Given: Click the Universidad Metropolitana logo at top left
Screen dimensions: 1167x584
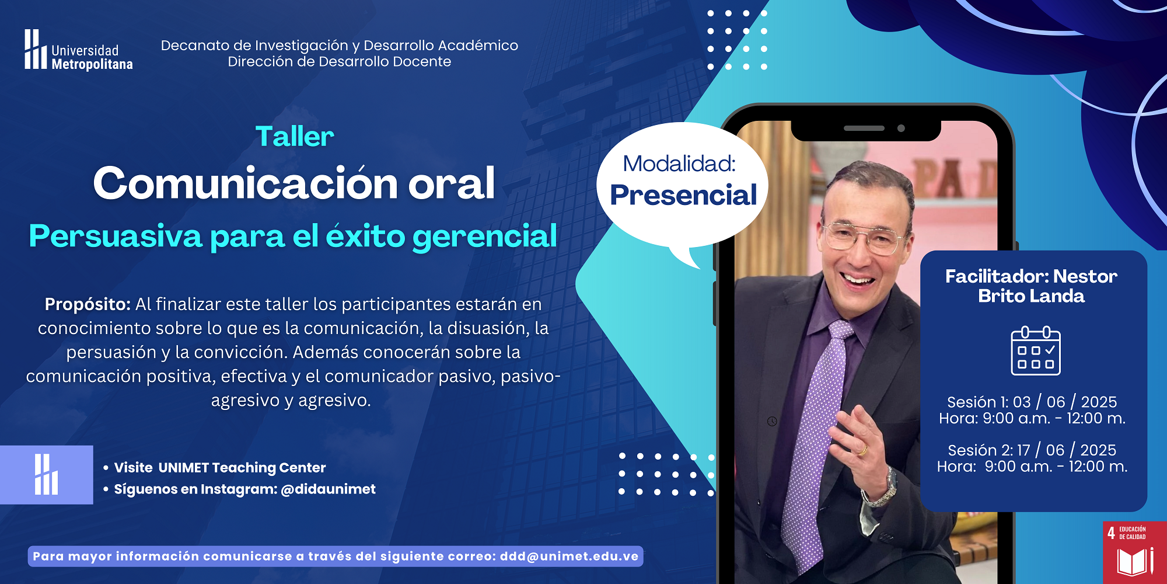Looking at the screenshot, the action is click(x=78, y=50).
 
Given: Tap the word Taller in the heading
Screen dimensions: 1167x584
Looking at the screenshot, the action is click(x=295, y=137).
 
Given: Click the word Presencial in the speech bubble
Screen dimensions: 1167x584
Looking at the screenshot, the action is click(x=683, y=195).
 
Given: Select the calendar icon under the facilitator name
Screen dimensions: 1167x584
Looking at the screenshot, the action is click(x=1036, y=350).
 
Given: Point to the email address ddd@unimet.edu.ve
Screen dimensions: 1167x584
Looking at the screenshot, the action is click(x=569, y=557).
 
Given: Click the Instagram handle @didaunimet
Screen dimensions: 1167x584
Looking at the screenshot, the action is click(x=328, y=489).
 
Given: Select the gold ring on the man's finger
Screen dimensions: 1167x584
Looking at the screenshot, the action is click(x=862, y=450).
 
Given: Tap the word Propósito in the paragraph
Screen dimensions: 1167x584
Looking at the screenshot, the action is click(x=88, y=305).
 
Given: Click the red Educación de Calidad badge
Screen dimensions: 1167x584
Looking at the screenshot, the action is click(x=1135, y=552).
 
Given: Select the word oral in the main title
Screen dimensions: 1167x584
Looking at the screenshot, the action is click(x=451, y=183).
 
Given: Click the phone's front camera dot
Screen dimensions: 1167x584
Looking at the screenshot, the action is click(x=901, y=128).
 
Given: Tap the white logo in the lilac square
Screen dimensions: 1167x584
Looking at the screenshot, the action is click(x=46, y=474).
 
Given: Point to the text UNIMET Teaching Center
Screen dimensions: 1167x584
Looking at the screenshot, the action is click(x=242, y=468).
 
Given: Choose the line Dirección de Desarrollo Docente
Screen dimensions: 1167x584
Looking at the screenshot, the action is click(x=340, y=62).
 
